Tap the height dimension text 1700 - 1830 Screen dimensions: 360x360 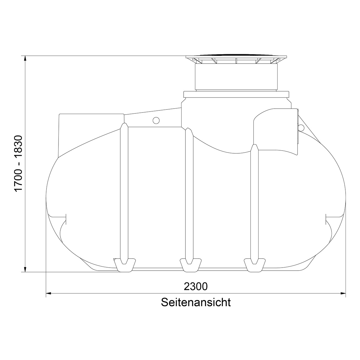(19, 164)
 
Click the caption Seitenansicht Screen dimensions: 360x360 (196, 302)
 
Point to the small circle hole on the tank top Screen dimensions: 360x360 (156, 120)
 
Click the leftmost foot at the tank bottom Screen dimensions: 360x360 (124, 264)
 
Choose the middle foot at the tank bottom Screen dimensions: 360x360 (190, 264)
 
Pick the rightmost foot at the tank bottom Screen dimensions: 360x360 (254, 264)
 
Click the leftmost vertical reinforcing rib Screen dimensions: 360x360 (124, 192)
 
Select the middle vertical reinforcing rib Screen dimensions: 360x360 (189, 195)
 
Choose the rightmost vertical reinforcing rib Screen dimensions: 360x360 (254, 204)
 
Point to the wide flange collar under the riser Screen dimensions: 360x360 (236, 94)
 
